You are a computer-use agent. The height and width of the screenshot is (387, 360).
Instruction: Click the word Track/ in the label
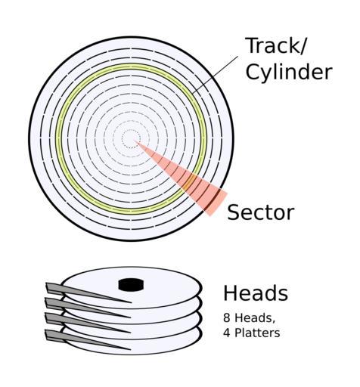[276, 45]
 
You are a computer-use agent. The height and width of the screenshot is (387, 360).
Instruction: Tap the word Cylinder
[289, 72]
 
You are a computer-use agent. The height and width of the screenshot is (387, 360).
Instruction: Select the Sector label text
[261, 212]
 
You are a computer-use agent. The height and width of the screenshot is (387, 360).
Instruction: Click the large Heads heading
[256, 293]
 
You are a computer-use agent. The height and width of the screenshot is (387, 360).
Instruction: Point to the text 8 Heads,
[249, 317]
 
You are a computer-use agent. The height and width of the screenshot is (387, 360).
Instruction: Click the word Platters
[257, 333]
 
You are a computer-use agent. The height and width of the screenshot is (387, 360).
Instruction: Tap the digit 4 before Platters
[226, 333]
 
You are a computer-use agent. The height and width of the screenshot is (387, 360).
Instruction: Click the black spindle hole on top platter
[131, 285]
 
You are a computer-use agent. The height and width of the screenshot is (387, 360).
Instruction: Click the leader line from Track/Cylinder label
[215, 75]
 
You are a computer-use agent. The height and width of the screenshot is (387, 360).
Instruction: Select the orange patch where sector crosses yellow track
[190, 182]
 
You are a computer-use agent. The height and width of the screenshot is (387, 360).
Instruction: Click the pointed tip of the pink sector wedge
[134, 141]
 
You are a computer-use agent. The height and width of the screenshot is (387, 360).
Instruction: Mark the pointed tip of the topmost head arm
[132, 302]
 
